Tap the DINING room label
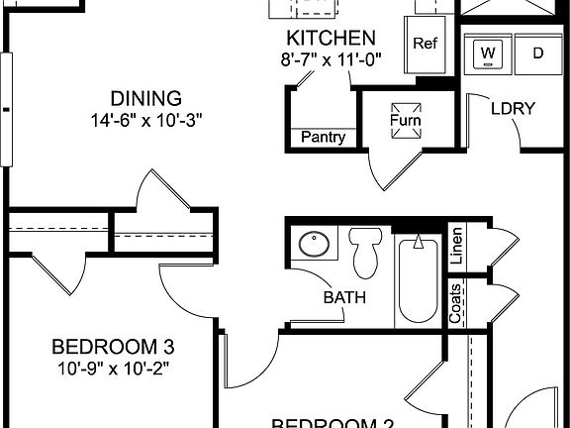[x=145, y=98]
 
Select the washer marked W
[x=489, y=53]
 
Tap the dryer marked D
[x=537, y=53]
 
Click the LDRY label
[x=513, y=108]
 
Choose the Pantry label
[x=324, y=138]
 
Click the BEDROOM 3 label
[x=114, y=347]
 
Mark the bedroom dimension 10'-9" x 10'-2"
[x=114, y=369]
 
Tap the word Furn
[x=405, y=123]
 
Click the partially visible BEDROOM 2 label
[x=333, y=422]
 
